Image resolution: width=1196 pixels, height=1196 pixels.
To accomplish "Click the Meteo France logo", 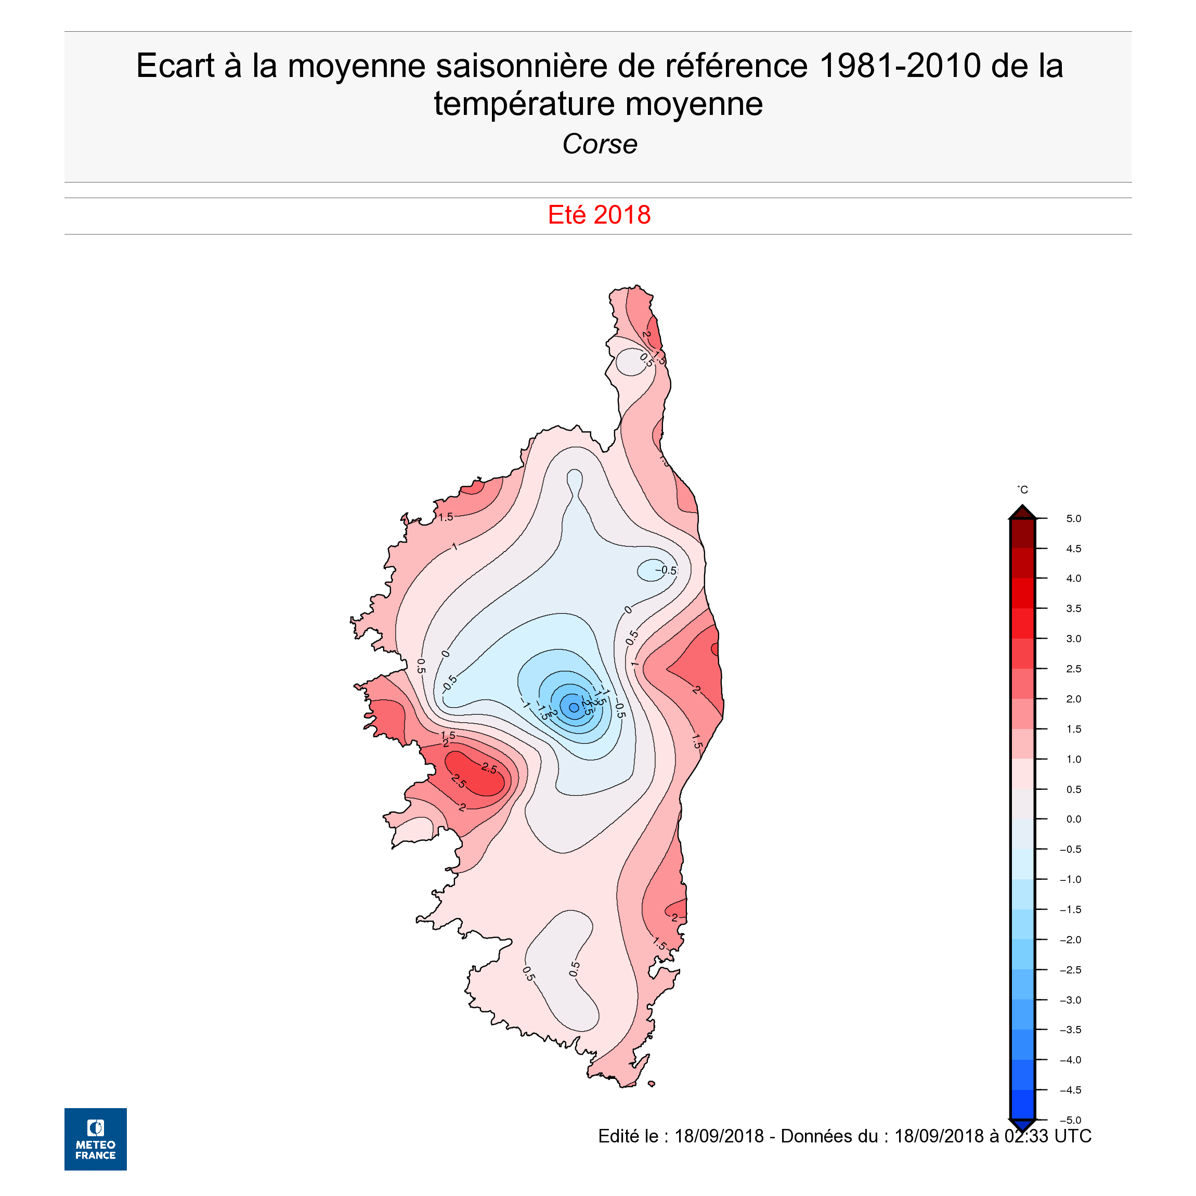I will coord(95,1138).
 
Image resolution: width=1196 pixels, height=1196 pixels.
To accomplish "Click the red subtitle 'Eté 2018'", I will coord(599,215).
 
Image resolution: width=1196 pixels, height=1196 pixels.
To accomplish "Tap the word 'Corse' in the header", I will coord(599,144).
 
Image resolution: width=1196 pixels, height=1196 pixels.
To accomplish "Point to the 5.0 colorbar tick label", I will coord(1073,519).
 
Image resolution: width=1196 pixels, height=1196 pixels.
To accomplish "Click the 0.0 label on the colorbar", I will coord(1073,819).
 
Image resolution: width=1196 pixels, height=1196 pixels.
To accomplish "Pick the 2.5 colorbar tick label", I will coord(1073,669).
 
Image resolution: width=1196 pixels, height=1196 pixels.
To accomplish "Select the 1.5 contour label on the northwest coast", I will coord(446,517).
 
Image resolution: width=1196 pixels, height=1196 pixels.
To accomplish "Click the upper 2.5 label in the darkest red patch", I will coord(489,769).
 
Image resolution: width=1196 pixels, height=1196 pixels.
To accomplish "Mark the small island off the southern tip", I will coord(651,1083).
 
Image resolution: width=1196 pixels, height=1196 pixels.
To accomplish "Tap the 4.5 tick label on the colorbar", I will coord(1073,549).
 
